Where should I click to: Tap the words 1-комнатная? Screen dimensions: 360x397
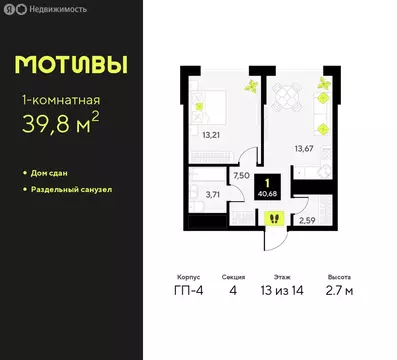coord(61,100)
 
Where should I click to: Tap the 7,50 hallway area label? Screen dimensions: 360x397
coord(240,174)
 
